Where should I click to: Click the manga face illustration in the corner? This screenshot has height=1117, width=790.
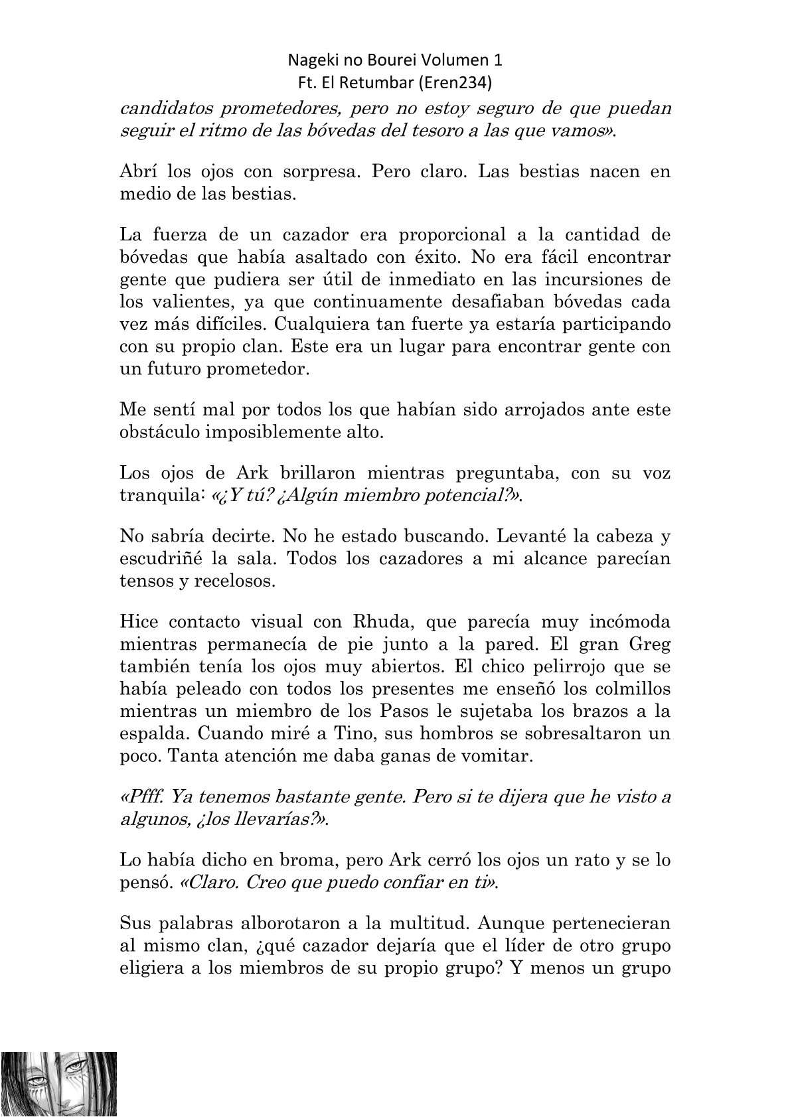click(x=59, y=1084)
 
